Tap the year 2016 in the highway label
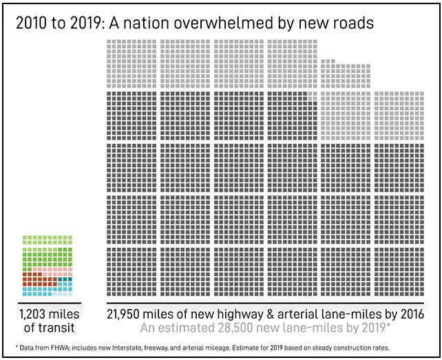(x=408, y=314)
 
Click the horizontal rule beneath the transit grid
(x=48, y=303)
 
